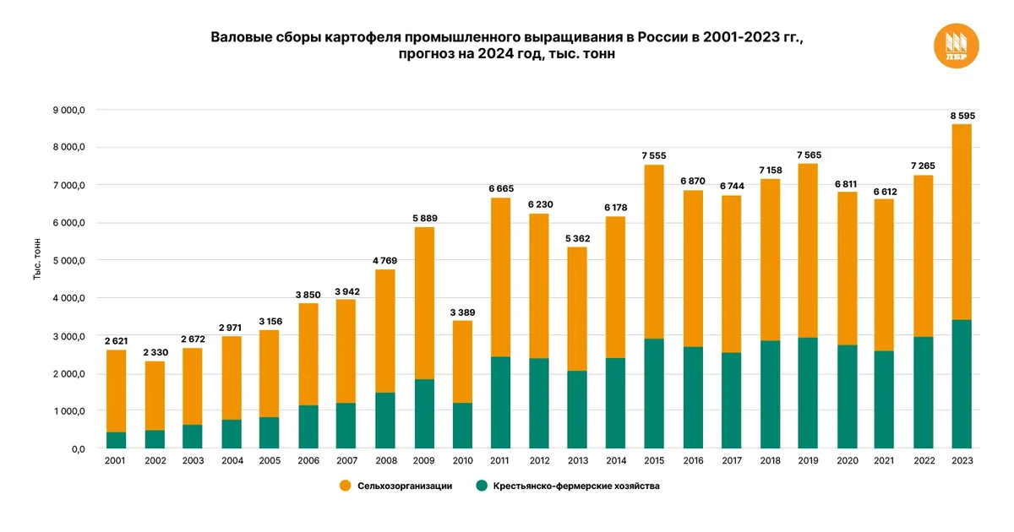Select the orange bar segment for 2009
(x=423, y=303)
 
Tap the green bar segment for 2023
(x=961, y=384)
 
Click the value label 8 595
(x=961, y=115)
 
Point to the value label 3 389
(x=462, y=312)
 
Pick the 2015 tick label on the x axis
(x=654, y=461)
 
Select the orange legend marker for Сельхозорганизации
(x=345, y=486)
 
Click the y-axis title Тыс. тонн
(x=37, y=261)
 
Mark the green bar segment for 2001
(x=116, y=440)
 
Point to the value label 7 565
(x=807, y=155)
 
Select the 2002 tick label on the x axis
(x=155, y=461)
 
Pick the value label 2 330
(x=155, y=352)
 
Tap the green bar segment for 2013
(x=577, y=410)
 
